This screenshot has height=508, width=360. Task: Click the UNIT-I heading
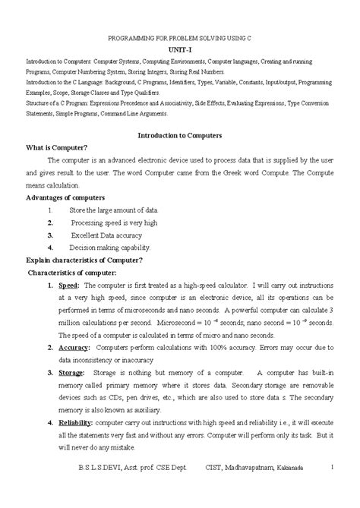(x=181, y=46)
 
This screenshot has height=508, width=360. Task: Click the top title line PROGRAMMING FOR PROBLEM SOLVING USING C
(x=181, y=35)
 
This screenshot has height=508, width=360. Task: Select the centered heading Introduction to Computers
(x=179, y=134)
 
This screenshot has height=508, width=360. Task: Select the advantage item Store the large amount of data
(x=113, y=210)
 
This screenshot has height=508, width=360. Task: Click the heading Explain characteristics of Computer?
(x=85, y=260)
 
